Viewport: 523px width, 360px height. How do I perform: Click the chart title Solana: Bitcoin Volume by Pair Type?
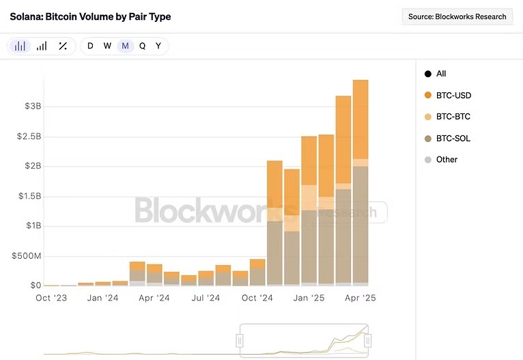pyautogui.click(x=90, y=16)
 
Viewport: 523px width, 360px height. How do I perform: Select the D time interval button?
pyautogui.click(x=90, y=46)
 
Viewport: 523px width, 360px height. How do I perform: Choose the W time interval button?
pyautogui.click(x=107, y=46)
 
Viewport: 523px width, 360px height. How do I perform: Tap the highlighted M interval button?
pyautogui.click(x=125, y=46)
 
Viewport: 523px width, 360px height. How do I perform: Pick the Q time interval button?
pyautogui.click(x=142, y=46)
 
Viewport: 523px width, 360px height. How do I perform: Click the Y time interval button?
pyautogui.click(x=158, y=46)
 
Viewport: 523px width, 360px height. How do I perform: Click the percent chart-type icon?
pyautogui.click(x=63, y=46)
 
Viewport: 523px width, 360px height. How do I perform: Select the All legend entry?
pyautogui.click(x=440, y=74)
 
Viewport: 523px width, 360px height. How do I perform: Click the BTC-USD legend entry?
pyautogui.click(x=453, y=96)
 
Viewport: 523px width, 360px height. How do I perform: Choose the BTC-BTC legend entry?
pyautogui.click(x=453, y=117)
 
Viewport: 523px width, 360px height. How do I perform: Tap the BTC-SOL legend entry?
pyautogui.click(x=453, y=139)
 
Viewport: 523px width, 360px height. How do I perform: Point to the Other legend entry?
pyautogui.click(x=447, y=160)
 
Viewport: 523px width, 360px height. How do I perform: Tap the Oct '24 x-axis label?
pyautogui.click(x=257, y=299)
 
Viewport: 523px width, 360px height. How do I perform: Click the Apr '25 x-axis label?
pyautogui.click(x=360, y=299)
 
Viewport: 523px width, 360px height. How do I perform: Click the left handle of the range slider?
pyautogui.click(x=240, y=340)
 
